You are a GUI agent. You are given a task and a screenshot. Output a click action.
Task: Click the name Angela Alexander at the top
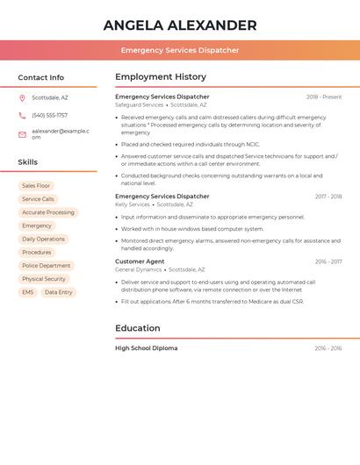point(180,25)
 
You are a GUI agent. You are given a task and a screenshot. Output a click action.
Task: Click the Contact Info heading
point(40,77)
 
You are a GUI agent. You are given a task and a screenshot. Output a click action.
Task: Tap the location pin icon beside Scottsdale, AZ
point(22,97)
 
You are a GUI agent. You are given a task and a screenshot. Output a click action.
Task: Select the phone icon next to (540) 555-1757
point(22,115)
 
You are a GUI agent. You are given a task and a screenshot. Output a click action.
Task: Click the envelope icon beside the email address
point(22,133)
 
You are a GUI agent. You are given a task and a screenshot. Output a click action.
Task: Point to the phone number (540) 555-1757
point(49,115)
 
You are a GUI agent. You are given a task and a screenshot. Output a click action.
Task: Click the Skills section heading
point(28,162)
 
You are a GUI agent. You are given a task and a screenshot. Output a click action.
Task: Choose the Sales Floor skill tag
point(36,186)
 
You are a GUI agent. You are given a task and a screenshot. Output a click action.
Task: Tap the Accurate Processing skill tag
point(48,212)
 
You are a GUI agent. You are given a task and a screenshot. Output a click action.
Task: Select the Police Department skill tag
point(46,266)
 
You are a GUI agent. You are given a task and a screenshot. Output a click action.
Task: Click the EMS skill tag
point(28,292)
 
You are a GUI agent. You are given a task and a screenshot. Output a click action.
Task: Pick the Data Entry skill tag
point(59,292)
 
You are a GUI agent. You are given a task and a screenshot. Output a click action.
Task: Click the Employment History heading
point(161,77)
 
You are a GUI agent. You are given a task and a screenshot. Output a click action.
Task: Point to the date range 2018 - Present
point(324,97)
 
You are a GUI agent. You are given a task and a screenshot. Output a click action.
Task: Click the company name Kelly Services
point(133,204)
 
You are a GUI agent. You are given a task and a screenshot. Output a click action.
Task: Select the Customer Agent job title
point(140,261)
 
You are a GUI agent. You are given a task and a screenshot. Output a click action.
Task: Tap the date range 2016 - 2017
point(328,261)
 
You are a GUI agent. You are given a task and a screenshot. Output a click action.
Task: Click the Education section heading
point(138,328)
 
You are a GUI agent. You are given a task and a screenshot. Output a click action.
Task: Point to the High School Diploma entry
point(146,348)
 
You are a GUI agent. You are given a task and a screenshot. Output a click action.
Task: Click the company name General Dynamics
point(139,269)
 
